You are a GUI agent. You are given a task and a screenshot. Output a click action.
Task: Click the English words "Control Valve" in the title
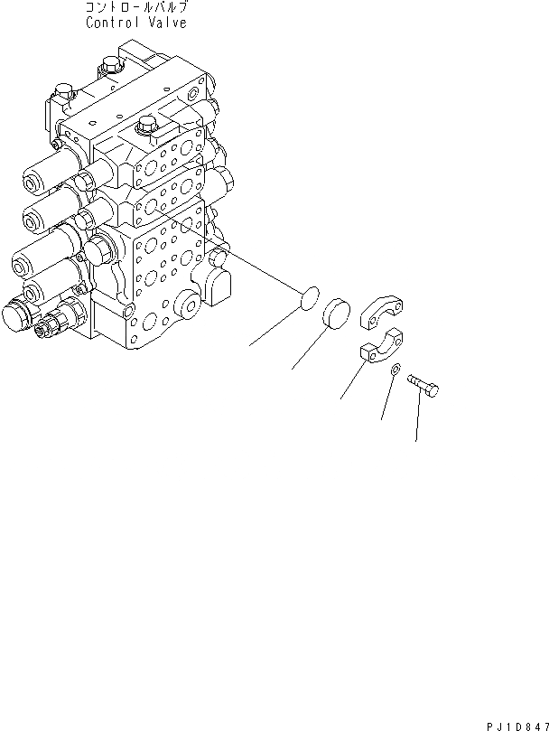[x=136, y=23]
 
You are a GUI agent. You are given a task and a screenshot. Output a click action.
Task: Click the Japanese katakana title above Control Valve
[x=136, y=8]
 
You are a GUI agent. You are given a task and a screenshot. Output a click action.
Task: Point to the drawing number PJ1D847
[x=516, y=722]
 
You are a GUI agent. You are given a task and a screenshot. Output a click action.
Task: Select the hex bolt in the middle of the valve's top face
[x=145, y=127]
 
